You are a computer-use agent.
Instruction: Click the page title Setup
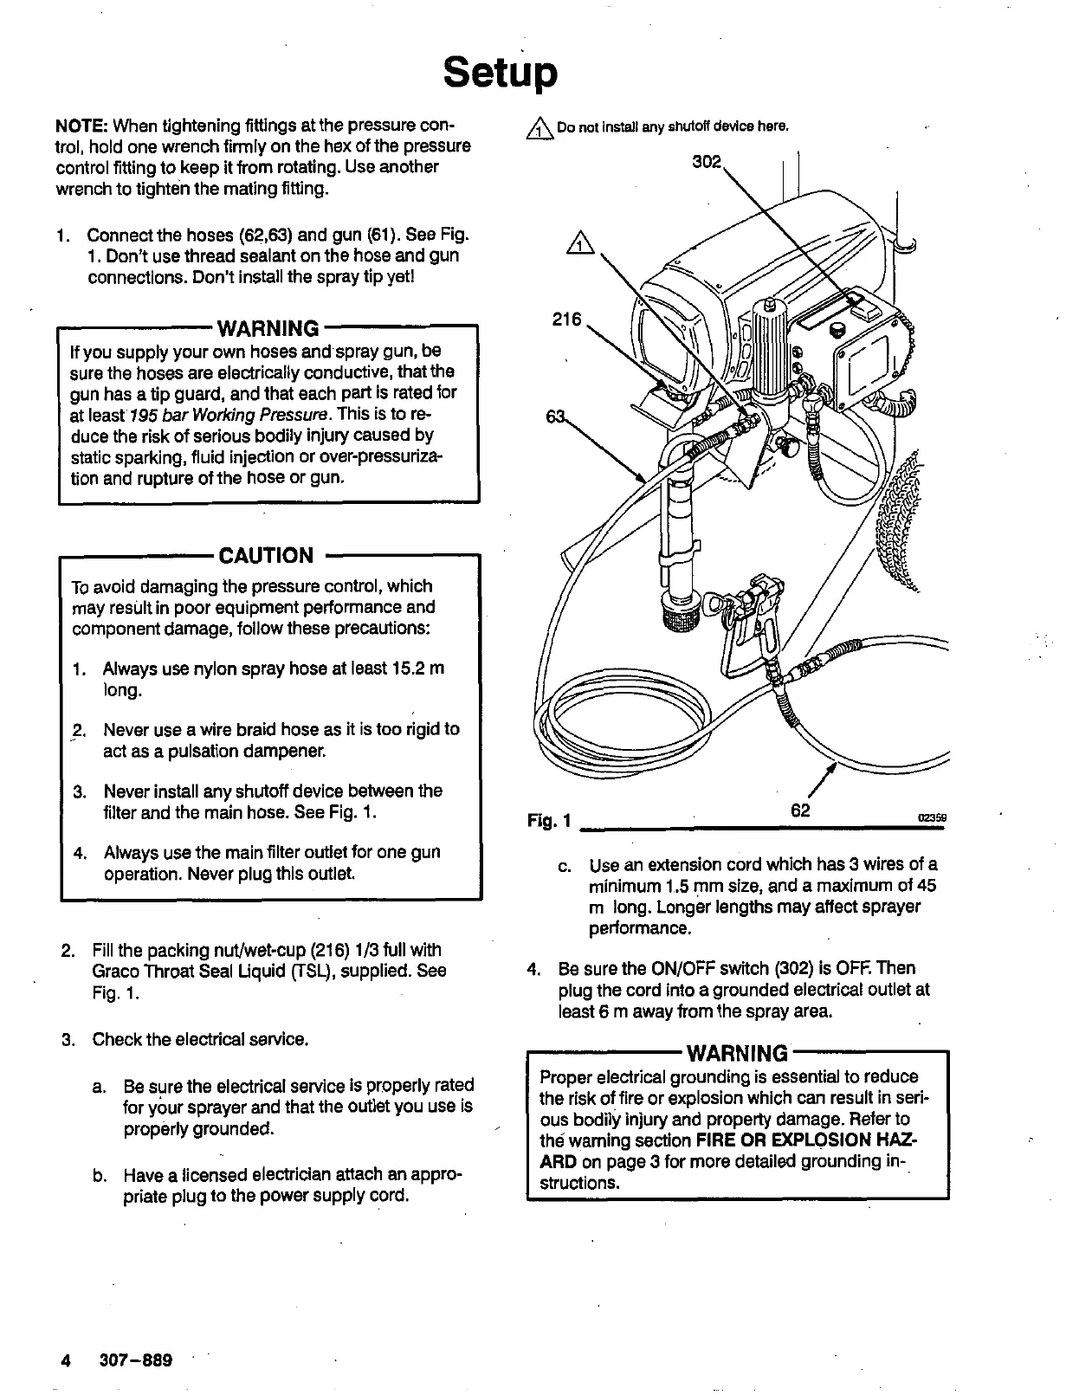click(x=500, y=74)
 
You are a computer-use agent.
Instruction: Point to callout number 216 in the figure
click(x=566, y=320)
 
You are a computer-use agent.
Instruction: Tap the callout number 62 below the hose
click(x=800, y=811)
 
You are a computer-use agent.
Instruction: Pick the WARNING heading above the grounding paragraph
click(x=737, y=1053)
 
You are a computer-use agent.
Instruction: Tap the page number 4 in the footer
click(x=66, y=1360)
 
